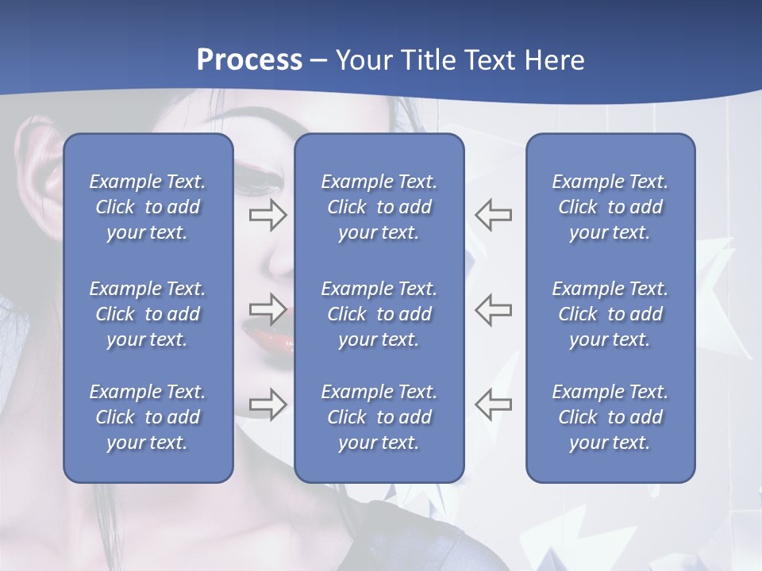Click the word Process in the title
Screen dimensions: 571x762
[249, 60]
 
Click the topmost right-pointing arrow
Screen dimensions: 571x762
[267, 215]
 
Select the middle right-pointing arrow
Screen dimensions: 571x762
[267, 308]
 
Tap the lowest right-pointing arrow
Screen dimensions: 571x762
[267, 404]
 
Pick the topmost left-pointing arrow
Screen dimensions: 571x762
[494, 215]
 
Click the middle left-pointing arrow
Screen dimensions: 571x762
[494, 308]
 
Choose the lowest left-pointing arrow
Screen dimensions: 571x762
[494, 404]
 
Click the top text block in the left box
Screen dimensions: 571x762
[148, 207]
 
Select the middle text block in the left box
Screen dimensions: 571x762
[148, 314]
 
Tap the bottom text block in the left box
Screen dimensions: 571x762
[148, 417]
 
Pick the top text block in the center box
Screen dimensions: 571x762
[379, 207]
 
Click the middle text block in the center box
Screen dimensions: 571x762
[379, 314]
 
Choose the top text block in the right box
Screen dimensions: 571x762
[610, 207]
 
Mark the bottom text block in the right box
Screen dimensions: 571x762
[610, 417]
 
